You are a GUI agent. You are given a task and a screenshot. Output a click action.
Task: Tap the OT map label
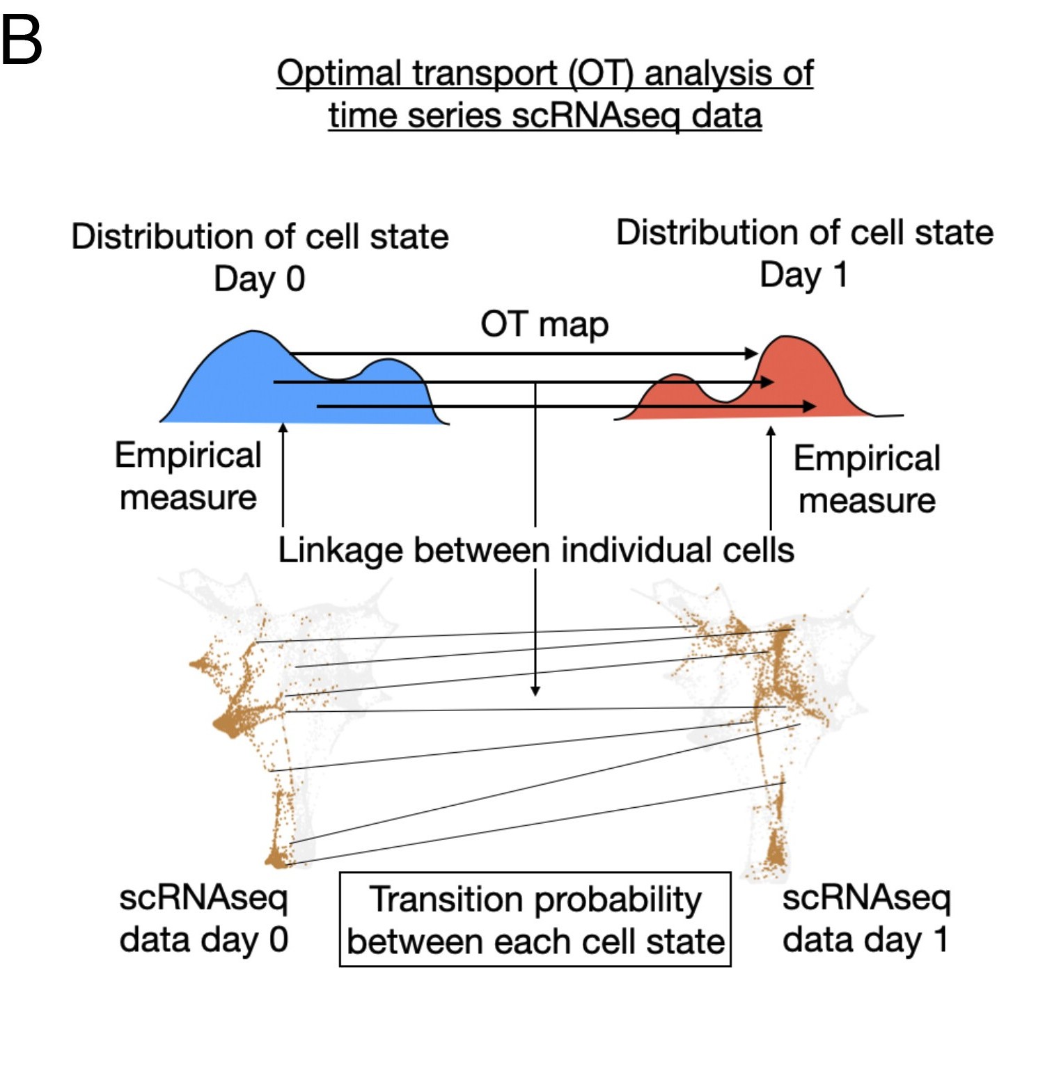(544, 325)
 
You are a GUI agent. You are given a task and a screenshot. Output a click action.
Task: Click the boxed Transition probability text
(535, 920)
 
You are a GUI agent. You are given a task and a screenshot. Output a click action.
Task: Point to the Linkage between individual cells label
(535, 550)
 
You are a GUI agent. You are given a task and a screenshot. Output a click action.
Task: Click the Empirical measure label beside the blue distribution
(188, 477)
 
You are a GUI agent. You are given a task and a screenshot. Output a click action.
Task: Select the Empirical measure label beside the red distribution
(867, 479)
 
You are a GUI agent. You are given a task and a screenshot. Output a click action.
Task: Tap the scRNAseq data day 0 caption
(203, 918)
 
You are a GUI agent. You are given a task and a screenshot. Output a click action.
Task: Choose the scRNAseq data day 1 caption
(866, 918)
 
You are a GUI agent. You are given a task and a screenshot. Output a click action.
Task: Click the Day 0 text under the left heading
(259, 279)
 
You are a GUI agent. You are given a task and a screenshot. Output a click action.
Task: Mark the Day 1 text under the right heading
(803, 275)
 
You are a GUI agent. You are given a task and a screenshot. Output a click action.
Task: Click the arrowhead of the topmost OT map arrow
(752, 353)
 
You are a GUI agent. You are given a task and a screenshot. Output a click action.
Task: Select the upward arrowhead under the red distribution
(771, 432)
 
